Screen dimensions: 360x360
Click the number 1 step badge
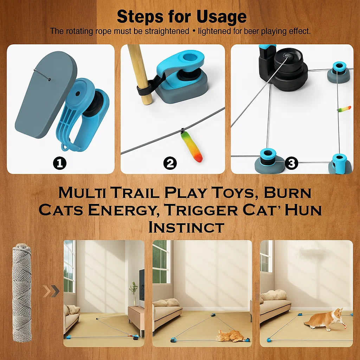tap(60, 163)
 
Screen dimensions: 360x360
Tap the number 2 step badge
tap(170, 163)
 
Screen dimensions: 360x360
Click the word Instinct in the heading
tap(186, 227)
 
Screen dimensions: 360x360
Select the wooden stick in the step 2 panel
tap(140, 74)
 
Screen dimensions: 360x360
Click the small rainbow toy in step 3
tap(344, 109)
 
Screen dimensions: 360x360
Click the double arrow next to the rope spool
tap(51, 291)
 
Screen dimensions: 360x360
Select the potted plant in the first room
tap(134, 292)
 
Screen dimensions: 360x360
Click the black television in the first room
tap(142, 285)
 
